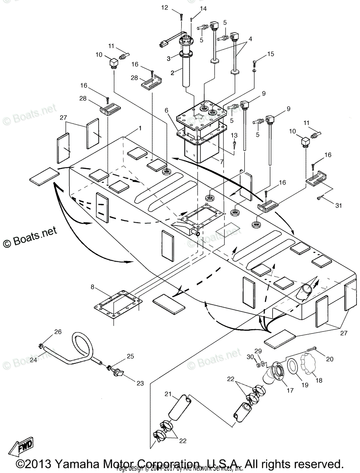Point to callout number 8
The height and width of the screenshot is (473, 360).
(92, 287)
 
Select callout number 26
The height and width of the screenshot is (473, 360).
(58, 332)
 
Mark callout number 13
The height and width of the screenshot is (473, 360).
(234, 136)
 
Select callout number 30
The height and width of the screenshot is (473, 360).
(249, 357)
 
